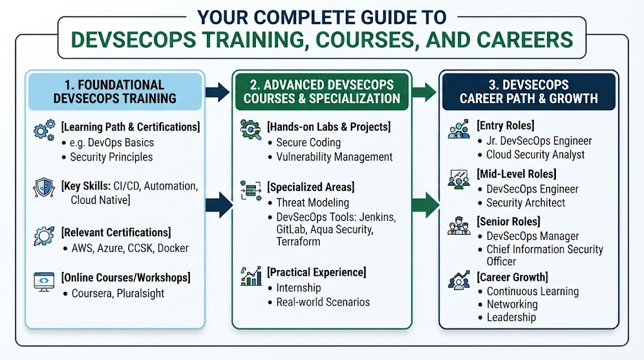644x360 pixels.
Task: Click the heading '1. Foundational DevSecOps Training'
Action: tap(114, 92)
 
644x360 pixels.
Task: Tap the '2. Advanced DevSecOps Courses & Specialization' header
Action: tap(321, 92)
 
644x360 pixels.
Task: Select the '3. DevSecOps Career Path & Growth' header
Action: tap(528, 92)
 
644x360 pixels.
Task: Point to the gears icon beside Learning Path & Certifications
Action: tap(45, 131)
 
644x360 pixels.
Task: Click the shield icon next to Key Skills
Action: tap(44, 188)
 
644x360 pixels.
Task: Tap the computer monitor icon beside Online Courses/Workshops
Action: tap(44, 282)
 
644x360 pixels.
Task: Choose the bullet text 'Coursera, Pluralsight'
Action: tap(118, 293)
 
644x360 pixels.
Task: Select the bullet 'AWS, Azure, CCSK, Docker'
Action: tap(130, 248)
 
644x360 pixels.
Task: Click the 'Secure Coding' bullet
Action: tap(308, 143)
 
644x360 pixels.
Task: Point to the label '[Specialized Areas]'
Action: tap(311, 187)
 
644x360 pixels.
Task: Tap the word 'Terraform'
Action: tap(298, 242)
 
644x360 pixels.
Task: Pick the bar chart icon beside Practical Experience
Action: tap(252, 276)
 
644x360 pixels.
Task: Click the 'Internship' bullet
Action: tap(299, 288)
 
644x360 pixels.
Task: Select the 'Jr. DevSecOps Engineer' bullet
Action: tap(539, 141)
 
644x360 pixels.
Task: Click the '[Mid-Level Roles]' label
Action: tap(517, 174)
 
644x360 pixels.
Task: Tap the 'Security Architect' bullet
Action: tap(526, 203)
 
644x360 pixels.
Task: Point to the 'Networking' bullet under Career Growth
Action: tap(512, 304)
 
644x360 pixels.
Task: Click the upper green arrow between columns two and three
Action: tap(425, 92)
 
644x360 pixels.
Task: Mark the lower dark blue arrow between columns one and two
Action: tap(219, 205)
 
